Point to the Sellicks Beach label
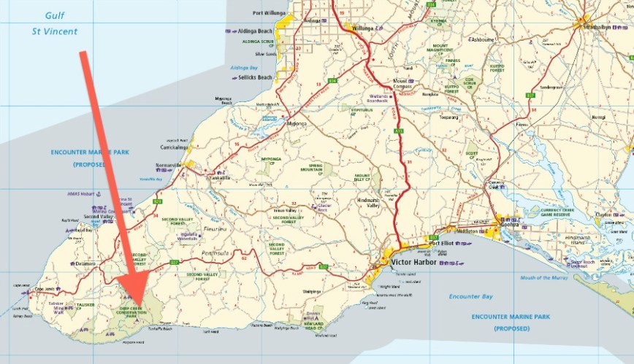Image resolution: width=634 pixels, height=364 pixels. [x=255, y=77]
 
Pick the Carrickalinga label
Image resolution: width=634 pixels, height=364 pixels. [x=170, y=147]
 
